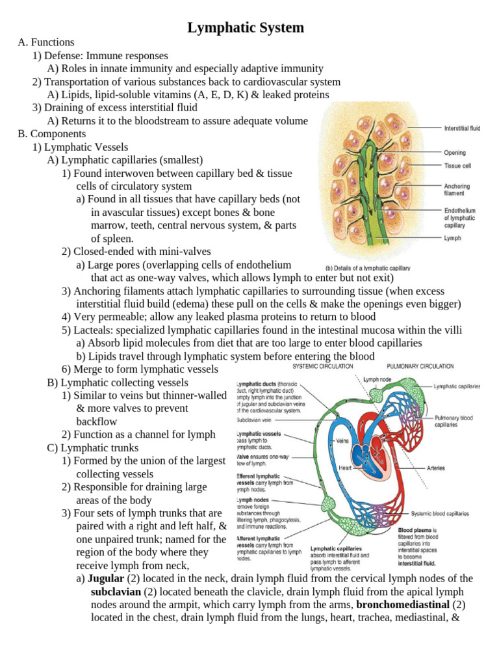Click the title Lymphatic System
tap(246, 28)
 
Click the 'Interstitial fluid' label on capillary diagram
tap(462, 129)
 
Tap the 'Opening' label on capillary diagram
tap(455, 153)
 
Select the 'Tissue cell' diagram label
tap(457, 166)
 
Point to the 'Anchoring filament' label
tap(457, 190)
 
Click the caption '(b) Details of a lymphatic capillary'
tap(367, 268)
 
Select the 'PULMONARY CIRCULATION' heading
tap(420, 366)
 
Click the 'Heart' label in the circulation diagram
tap(346, 467)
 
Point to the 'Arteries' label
tap(436, 468)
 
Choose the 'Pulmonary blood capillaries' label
tap(454, 421)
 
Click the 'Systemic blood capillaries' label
tap(442, 513)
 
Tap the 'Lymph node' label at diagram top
tap(377, 379)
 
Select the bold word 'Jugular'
tap(105, 578)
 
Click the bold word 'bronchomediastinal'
tap(403, 604)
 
